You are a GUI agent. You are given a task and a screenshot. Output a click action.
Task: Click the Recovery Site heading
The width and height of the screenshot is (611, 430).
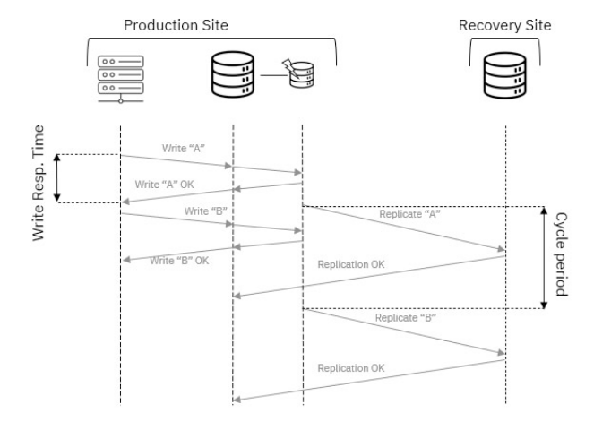coord(504,26)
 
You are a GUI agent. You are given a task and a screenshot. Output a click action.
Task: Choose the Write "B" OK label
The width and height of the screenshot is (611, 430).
coord(179,261)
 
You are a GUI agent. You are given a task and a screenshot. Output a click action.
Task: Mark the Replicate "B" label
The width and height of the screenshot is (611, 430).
coord(400,318)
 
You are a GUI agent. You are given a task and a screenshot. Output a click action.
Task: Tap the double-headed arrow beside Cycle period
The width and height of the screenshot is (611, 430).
coord(544,258)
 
